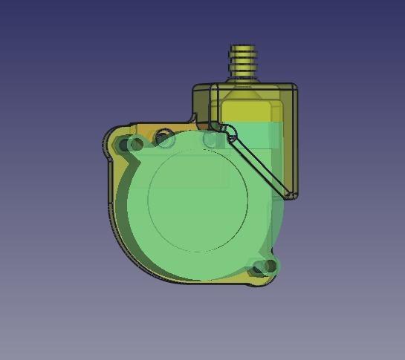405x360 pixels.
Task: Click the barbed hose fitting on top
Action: coord(242,62)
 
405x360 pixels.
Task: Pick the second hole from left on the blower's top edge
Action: coord(165,139)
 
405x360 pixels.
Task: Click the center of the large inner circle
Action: coord(198,200)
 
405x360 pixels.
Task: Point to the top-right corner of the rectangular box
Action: coord(296,87)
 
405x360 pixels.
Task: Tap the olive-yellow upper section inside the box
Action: coord(253,108)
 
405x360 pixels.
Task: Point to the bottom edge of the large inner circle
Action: coord(198,251)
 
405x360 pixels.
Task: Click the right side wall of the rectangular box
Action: coord(296,141)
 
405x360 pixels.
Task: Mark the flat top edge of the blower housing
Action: coord(160,124)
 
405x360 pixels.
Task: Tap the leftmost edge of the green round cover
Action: coord(117,208)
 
